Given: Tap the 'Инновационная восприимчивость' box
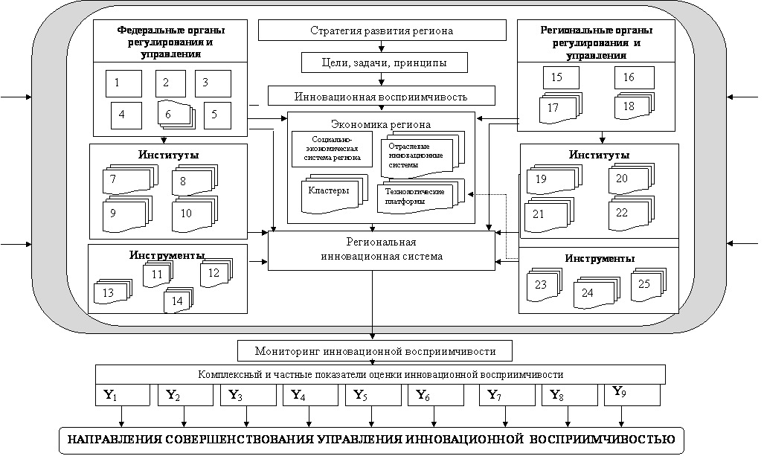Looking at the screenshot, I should click(x=381, y=97).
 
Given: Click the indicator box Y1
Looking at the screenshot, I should click(x=123, y=396).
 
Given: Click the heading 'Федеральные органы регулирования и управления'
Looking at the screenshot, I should click(x=170, y=41).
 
